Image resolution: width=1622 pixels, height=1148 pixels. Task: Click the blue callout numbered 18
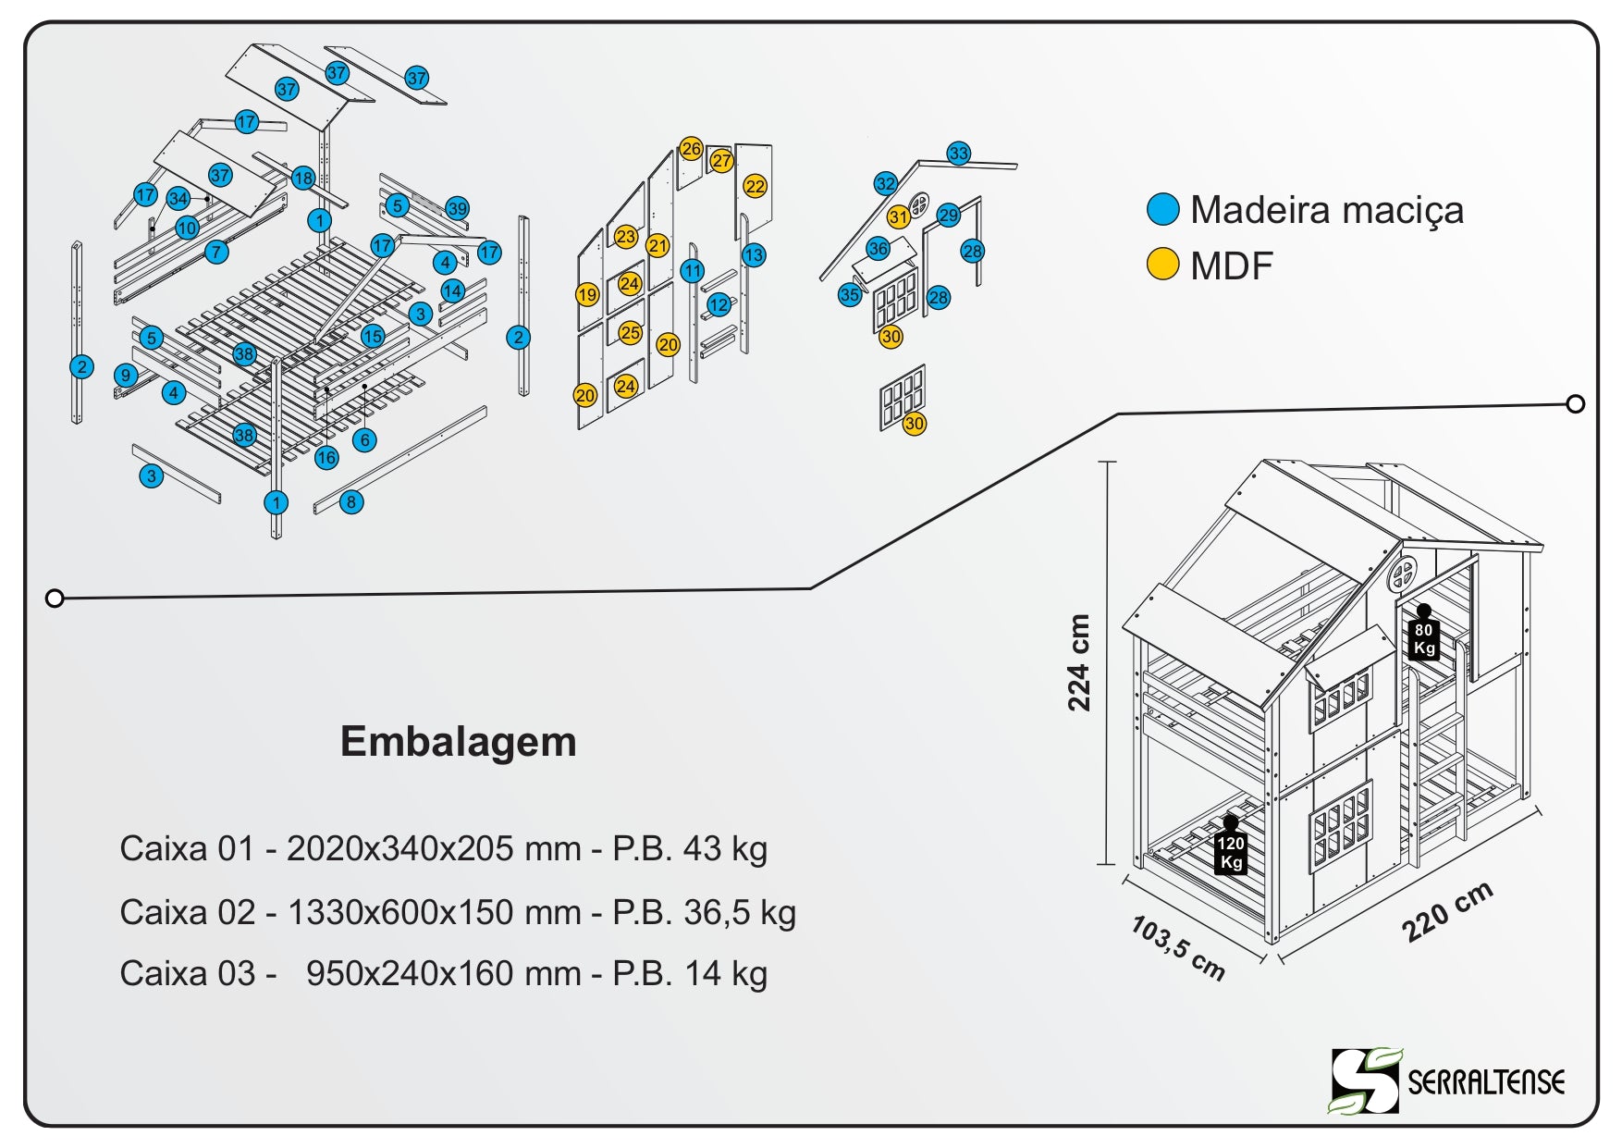(x=303, y=178)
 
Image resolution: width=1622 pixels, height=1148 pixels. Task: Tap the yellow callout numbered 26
(x=691, y=148)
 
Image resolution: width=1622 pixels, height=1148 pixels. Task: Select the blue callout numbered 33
(x=959, y=154)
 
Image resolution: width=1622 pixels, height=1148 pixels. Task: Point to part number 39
(x=457, y=208)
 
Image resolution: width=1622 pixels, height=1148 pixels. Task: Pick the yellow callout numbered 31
(x=898, y=217)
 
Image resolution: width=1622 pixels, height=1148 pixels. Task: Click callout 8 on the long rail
(x=351, y=502)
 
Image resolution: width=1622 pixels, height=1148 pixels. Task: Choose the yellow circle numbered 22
(x=756, y=186)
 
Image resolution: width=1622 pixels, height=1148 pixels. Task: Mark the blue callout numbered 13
(x=754, y=255)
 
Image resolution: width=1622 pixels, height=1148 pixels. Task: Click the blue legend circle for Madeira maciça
(x=1162, y=210)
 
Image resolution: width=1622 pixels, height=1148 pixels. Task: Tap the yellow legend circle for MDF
(x=1162, y=265)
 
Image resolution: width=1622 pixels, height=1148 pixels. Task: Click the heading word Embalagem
(x=458, y=742)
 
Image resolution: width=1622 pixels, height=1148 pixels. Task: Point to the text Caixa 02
(x=187, y=912)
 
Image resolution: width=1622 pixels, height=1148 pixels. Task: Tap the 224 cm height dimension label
(x=1079, y=662)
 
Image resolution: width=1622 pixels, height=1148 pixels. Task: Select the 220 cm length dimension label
(x=1447, y=912)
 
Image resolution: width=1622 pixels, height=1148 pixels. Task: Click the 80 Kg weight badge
(x=1424, y=637)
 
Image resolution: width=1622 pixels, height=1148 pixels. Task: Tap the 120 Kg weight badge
(x=1231, y=851)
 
